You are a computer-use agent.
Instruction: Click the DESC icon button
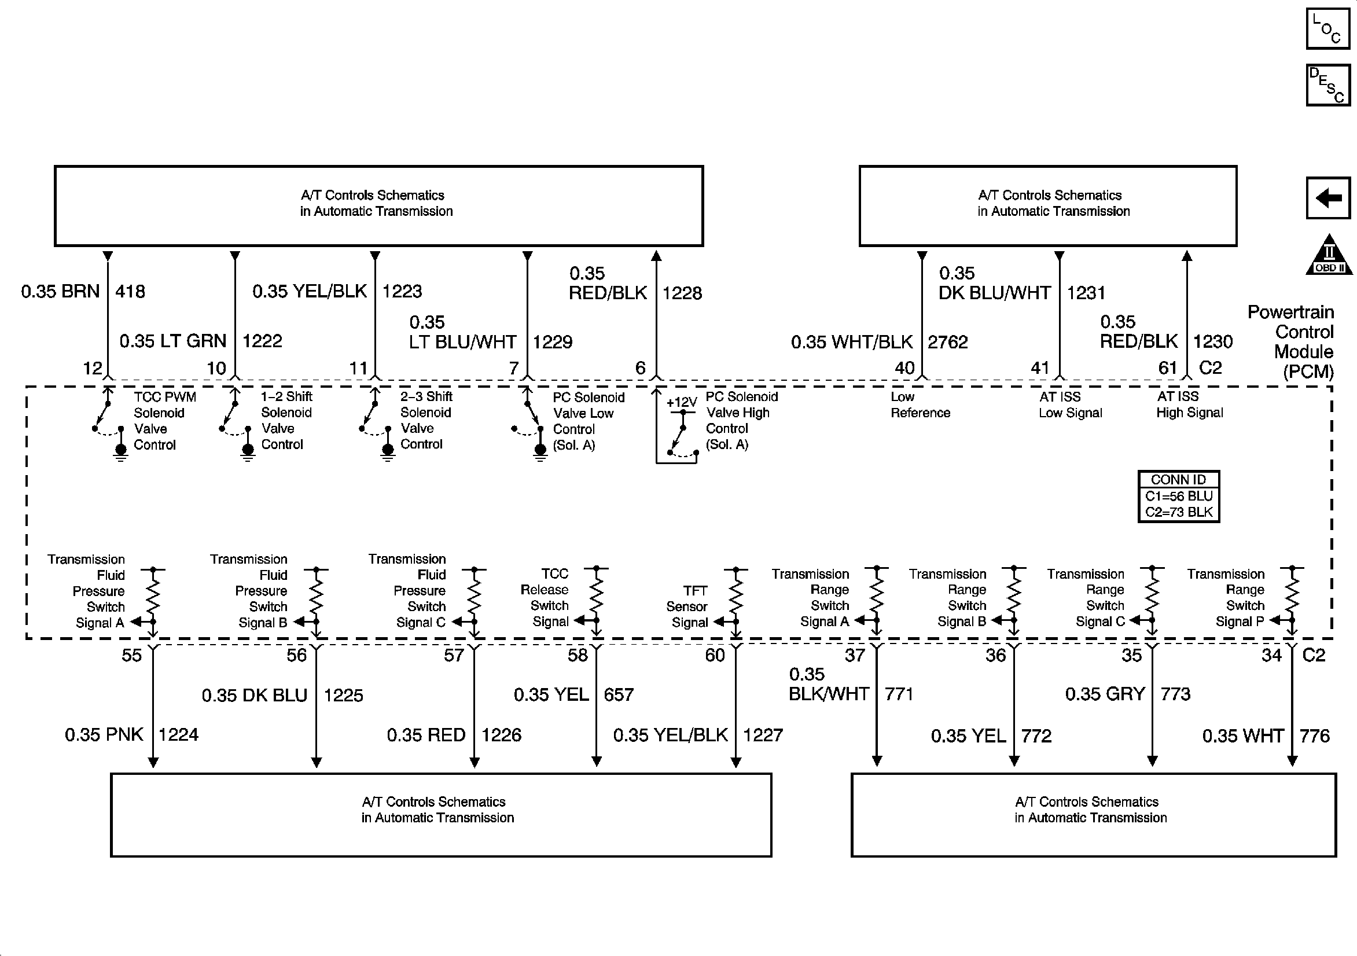tap(1327, 85)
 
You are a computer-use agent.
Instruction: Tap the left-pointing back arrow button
tap(1327, 197)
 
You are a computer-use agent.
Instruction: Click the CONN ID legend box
tap(1179, 496)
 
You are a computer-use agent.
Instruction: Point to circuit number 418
tap(130, 292)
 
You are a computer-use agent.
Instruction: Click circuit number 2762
tap(947, 342)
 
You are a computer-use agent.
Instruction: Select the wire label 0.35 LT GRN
tap(172, 341)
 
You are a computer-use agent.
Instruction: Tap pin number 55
tap(132, 655)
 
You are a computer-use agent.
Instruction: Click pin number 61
tap(1168, 367)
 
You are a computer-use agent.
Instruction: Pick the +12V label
tap(682, 403)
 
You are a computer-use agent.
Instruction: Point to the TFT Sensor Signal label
tap(687, 606)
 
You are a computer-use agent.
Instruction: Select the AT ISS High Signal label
tap(1189, 405)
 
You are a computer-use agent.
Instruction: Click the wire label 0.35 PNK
tap(104, 735)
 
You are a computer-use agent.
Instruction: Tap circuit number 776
tap(1314, 736)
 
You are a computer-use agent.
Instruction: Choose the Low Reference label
tap(920, 405)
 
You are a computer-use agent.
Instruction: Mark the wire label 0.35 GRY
tap(1105, 694)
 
